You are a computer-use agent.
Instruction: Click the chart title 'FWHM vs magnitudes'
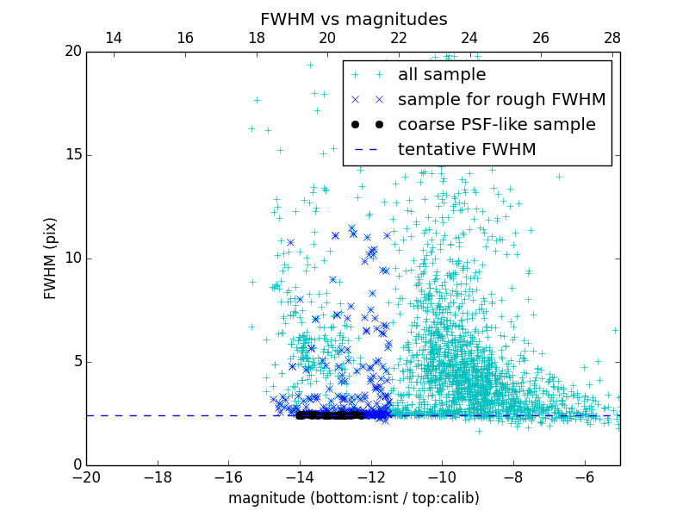click(353, 19)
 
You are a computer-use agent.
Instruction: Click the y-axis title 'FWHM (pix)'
click(51, 258)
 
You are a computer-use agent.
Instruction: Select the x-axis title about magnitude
click(353, 498)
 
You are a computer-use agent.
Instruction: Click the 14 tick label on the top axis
click(113, 38)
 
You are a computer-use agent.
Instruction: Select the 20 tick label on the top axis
click(327, 38)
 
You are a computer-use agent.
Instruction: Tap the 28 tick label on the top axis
click(612, 38)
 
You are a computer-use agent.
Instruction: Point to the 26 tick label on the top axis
click(541, 38)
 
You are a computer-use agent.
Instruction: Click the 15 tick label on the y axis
click(71, 155)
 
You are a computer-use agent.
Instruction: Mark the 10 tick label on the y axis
click(71, 258)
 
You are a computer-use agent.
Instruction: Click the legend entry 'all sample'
click(442, 75)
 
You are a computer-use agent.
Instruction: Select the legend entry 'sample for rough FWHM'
click(501, 100)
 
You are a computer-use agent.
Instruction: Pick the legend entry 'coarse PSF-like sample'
click(496, 125)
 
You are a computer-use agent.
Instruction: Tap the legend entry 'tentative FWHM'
click(467, 150)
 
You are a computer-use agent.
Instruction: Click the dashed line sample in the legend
click(367, 150)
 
